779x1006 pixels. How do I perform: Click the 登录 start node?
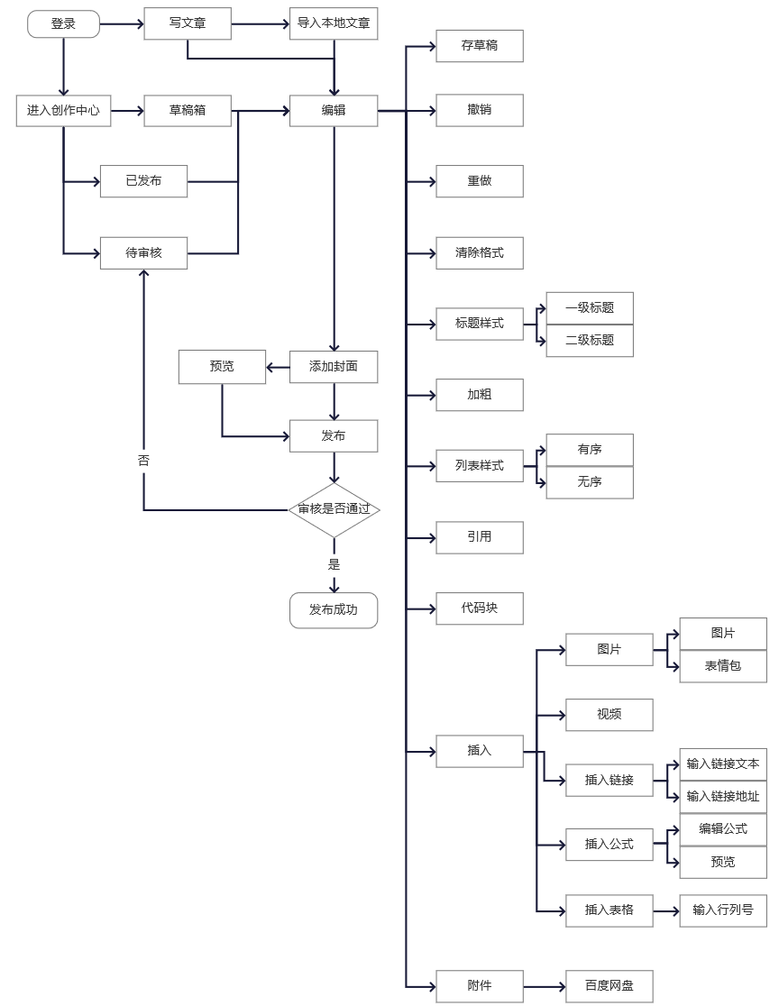point(63,24)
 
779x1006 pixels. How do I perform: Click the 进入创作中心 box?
point(63,111)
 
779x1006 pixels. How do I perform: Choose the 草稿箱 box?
point(188,111)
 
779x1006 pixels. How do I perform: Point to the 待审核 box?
point(143,253)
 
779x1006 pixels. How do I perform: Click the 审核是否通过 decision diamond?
point(334,510)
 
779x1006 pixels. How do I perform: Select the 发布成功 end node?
point(334,610)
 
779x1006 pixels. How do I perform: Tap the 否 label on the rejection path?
point(143,460)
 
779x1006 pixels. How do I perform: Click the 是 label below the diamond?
point(334,564)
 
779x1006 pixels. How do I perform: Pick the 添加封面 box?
point(334,367)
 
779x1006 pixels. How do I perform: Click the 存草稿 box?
point(480,46)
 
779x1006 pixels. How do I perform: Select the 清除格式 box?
point(480,253)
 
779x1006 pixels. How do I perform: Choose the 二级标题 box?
point(590,341)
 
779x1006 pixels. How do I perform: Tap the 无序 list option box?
point(590,482)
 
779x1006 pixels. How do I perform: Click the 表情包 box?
point(723,666)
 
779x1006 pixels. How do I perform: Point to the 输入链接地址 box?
point(723,797)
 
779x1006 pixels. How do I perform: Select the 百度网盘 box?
point(609,986)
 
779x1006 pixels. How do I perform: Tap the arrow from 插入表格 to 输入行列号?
point(666,910)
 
